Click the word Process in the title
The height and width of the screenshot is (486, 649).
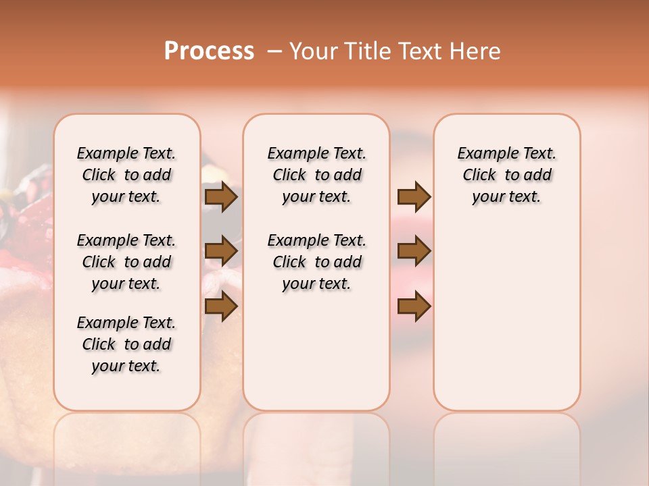(209, 51)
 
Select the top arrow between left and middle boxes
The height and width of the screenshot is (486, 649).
(221, 197)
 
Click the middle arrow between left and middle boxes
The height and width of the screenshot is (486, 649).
(221, 252)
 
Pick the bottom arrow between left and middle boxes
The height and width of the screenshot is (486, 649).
(221, 306)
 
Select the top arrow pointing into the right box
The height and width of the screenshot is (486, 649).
(414, 197)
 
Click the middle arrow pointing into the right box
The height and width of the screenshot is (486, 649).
(414, 252)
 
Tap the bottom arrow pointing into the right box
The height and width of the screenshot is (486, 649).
(414, 306)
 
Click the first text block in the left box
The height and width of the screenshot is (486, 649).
(126, 175)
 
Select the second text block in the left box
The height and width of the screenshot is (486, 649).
(126, 262)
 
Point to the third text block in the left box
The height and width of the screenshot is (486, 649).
(126, 344)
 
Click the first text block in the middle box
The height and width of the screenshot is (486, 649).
(316, 175)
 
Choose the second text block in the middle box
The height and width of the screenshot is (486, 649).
(316, 262)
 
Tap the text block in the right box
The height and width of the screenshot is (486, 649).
(507, 175)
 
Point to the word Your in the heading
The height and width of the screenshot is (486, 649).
(313, 51)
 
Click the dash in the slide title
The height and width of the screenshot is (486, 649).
(274, 51)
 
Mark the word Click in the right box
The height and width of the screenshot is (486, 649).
(479, 175)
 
